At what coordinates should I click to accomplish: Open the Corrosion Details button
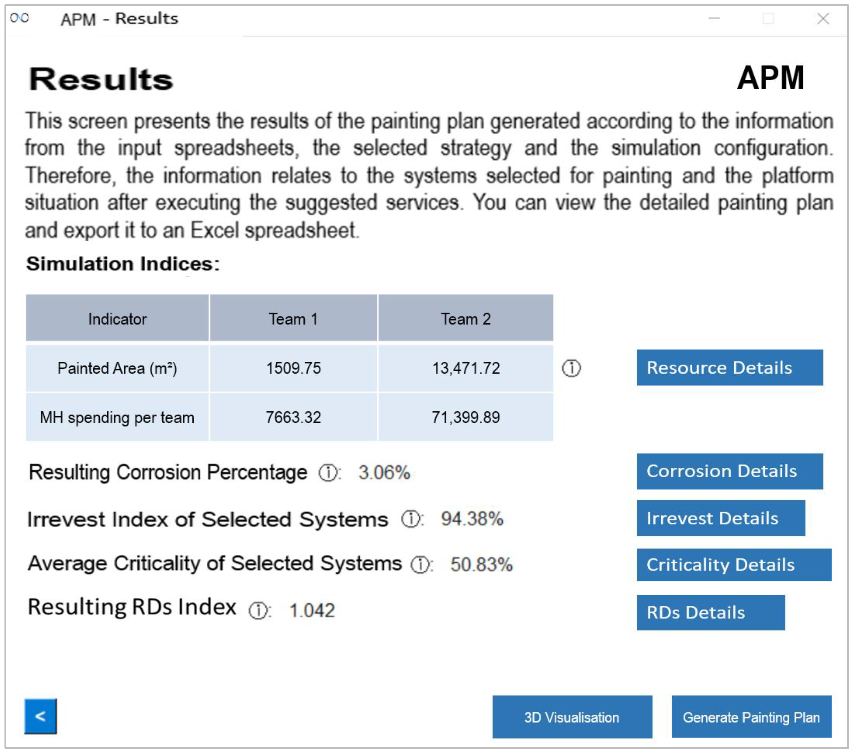730,471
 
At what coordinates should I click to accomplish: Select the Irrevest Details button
721,518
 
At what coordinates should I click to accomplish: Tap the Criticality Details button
734,565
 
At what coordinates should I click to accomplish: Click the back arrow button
41,716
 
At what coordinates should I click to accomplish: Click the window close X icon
823,19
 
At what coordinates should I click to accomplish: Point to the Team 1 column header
293,319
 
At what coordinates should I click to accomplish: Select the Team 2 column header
466,319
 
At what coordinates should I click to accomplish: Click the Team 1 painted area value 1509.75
293,368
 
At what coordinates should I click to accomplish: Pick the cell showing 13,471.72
466,368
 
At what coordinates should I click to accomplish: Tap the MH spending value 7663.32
293,417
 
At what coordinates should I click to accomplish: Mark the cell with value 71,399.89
466,417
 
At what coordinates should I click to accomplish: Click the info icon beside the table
571,368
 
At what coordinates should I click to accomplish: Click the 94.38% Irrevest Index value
472,519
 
